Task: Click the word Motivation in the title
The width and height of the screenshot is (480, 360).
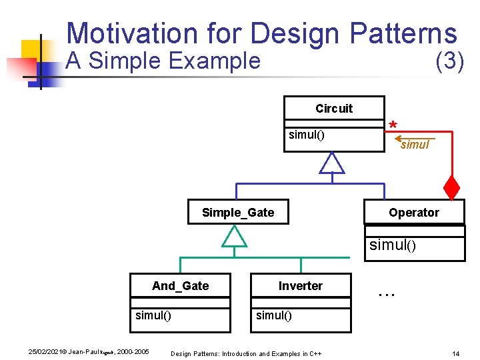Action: (x=123, y=33)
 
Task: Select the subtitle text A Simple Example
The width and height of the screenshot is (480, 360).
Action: (x=163, y=61)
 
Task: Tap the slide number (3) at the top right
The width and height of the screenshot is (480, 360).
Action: (x=449, y=61)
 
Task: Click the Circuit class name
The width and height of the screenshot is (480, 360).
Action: (x=333, y=109)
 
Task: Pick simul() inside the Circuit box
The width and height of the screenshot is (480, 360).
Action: (x=306, y=135)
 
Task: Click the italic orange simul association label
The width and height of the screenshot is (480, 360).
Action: (x=415, y=145)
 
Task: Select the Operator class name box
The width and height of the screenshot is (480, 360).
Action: (x=414, y=213)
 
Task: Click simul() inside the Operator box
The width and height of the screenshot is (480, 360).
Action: (x=393, y=245)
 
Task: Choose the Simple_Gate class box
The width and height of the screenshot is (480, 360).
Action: (x=238, y=213)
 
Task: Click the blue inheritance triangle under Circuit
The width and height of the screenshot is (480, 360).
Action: (x=331, y=163)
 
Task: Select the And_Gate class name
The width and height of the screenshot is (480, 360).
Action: (x=180, y=286)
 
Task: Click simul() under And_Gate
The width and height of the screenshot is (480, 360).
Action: (x=153, y=315)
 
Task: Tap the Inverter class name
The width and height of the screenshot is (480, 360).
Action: (x=300, y=286)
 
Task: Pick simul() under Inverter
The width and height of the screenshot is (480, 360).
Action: (x=274, y=315)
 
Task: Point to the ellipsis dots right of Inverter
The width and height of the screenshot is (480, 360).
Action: (x=387, y=291)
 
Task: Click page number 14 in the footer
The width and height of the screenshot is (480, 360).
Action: (x=455, y=353)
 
